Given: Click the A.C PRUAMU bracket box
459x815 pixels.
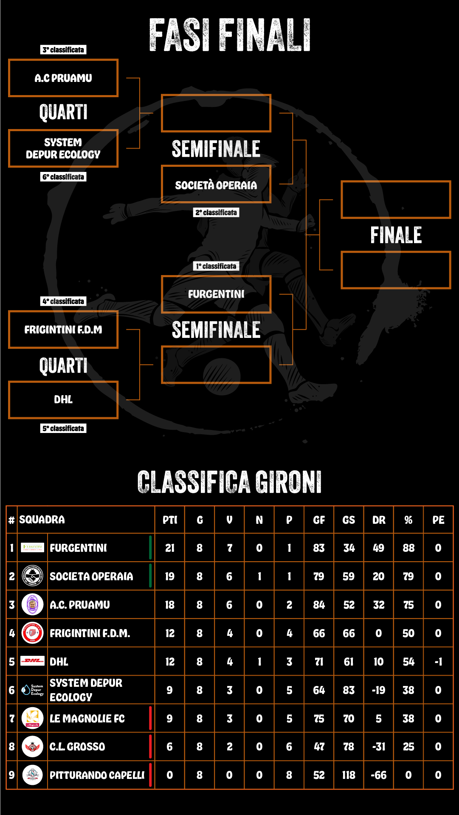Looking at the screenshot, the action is tap(63, 78).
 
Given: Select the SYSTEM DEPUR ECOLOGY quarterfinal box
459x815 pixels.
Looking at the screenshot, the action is tap(63, 149).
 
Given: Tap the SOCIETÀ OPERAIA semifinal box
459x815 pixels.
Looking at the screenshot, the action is tap(216, 185).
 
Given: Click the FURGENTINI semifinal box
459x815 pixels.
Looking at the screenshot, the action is tap(216, 294).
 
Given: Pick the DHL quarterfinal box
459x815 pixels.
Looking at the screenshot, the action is tap(63, 400).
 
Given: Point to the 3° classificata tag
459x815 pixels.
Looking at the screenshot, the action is tap(63, 50).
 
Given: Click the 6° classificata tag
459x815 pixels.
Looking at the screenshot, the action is tap(63, 177).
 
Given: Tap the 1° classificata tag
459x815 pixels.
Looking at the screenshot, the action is tap(216, 266).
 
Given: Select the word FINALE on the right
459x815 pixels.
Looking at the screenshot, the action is tap(396, 235).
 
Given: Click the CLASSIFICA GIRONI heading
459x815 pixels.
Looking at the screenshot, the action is tap(229, 482).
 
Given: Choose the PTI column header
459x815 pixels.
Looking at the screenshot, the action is tap(170, 520).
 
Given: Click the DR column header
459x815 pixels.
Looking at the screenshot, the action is tap(379, 520).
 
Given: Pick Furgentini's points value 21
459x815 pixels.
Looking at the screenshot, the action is tap(170, 548).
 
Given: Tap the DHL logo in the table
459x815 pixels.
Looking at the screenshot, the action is tap(33, 661).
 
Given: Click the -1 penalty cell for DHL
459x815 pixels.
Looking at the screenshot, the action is tap(438, 662).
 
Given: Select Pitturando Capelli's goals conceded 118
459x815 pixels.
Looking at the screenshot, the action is tap(349, 775).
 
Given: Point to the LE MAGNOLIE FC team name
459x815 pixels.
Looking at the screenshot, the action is tap(87, 719).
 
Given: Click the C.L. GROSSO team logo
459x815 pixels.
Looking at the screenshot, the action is tap(33, 747).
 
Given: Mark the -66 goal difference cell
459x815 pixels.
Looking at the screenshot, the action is tap(379, 775).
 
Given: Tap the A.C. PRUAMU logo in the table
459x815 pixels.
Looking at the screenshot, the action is tap(33, 604).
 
